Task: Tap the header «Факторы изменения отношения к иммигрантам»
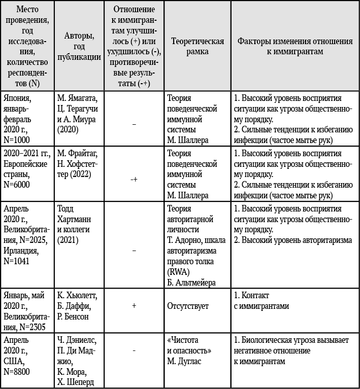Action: coord(295,46)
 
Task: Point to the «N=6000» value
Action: coord(17,185)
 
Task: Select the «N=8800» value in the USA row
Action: coord(17,372)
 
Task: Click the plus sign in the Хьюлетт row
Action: coord(134,306)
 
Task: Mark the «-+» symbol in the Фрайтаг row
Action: coord(134,179)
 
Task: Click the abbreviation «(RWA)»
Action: coord(177,272)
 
